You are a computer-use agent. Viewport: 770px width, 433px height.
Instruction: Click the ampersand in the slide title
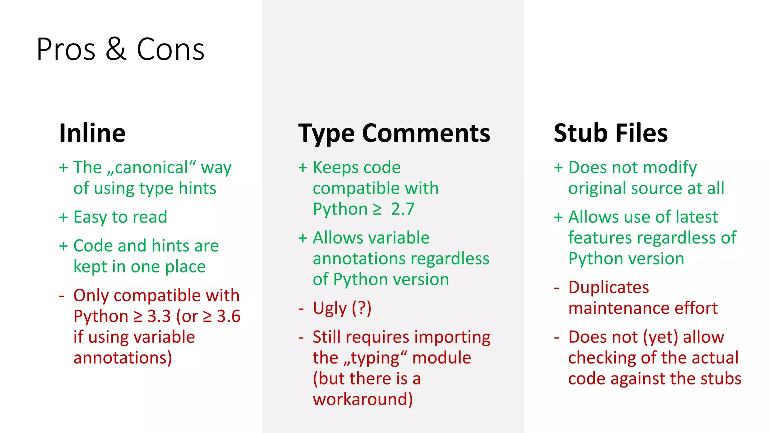[116, 49]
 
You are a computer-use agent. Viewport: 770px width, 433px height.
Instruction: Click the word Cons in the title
[170, 49]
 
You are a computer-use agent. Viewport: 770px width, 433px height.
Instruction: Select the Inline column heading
[92, 133]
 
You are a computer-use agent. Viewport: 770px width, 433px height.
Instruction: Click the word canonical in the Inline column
[151, 168]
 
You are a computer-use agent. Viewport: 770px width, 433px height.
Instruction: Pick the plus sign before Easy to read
[64, 217]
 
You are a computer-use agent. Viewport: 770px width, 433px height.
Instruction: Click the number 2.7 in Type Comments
[403, 209]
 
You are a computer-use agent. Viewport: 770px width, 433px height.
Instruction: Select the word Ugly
[330, 309]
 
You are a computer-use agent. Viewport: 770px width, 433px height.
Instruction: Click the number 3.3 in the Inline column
[159, 316]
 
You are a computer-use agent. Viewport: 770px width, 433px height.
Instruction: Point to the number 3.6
[229, 316]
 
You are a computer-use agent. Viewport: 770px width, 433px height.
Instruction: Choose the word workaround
[362, 399]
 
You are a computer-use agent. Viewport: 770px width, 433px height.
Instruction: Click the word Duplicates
[608, 288]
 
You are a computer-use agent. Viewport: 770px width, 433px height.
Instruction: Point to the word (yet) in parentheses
[660, 337]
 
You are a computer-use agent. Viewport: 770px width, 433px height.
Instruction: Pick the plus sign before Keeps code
[303, 168]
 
